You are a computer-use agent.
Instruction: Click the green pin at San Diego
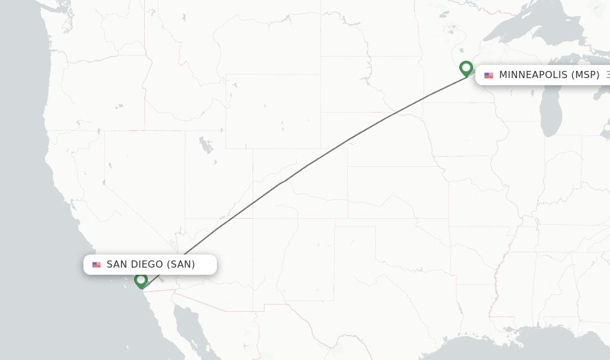point(141,280)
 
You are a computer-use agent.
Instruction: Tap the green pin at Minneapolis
point(466,68)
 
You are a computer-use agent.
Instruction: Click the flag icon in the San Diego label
point(97,265)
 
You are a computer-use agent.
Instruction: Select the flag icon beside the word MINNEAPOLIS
point(488,75)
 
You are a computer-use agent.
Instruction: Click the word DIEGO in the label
point(148,265)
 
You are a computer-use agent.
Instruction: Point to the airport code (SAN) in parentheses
point(180,265)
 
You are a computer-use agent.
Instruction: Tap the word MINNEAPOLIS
point(533,75)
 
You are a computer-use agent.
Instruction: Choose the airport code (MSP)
point(585,75)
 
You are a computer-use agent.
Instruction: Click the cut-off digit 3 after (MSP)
point(608,75)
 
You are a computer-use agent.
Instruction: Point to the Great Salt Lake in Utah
point(205,145)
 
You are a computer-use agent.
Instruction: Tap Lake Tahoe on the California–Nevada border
point(104,182)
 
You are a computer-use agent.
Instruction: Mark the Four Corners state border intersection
point(253,218)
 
